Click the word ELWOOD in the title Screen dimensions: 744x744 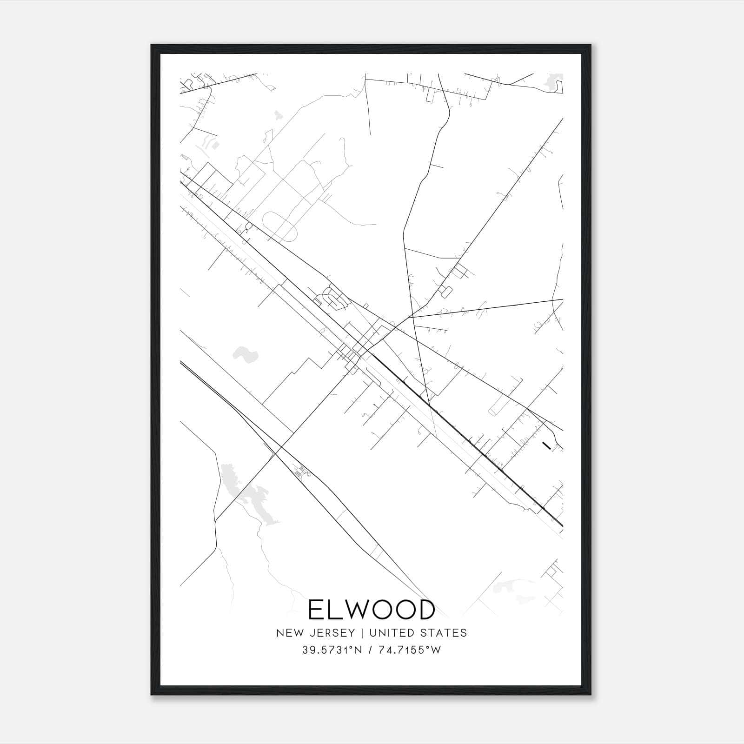coord(371,610)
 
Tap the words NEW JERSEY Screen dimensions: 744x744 coord(314,633)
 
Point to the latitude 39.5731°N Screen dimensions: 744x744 coord(332,650)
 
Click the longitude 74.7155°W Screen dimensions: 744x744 coord(409,650)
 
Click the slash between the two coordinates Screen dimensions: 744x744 coord(370,650)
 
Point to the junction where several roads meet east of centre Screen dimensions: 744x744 coord(411,318)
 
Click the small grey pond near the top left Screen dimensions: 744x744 coord(278,114)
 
